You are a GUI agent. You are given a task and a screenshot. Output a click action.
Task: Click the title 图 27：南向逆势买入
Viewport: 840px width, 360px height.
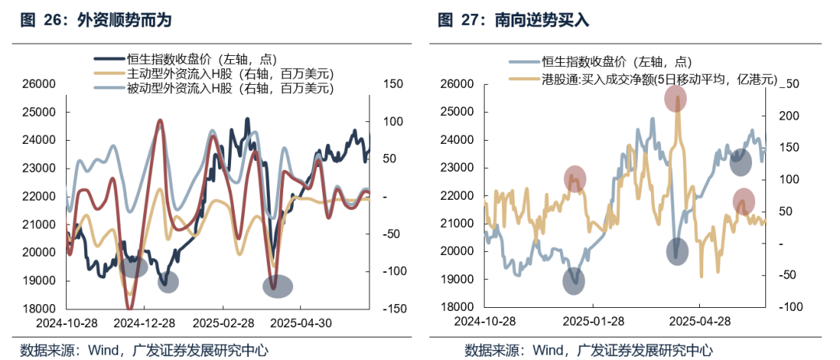513,20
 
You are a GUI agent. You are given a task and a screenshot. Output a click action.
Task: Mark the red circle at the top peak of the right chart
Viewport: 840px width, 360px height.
675,99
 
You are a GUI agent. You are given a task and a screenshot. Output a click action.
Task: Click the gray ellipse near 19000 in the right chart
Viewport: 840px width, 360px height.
573,280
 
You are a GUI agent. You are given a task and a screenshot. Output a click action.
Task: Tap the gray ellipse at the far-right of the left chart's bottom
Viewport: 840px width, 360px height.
278,286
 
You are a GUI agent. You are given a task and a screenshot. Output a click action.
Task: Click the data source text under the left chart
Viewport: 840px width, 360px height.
144,350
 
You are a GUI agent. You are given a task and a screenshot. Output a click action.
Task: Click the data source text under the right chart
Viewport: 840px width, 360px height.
588,350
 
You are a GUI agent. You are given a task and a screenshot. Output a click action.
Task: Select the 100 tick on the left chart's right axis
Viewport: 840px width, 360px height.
390,121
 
